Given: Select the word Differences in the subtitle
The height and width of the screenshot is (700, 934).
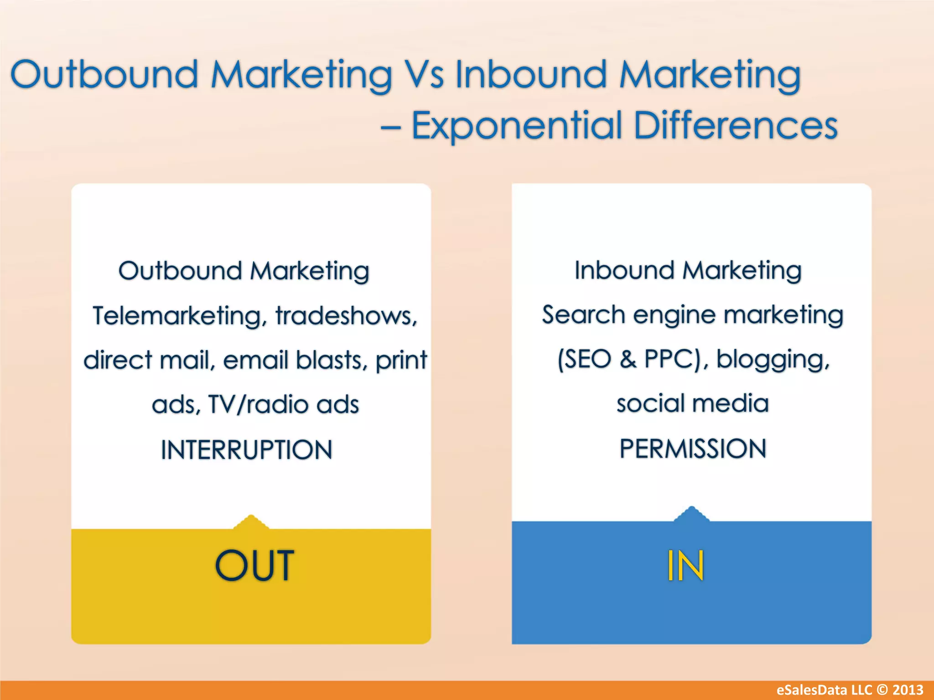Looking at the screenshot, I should click(x=735, y=126).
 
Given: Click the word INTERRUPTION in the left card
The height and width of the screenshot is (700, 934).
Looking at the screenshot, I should click(x=247, y=450).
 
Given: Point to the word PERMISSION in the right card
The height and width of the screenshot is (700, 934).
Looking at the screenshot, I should click(x=693, y=449).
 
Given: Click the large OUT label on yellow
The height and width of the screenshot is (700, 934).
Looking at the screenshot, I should click(x=254, y=566).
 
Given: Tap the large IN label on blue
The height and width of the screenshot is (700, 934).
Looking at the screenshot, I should click(x=685, y=566).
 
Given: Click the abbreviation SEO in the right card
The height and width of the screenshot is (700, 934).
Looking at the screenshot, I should click(x=585, y=360).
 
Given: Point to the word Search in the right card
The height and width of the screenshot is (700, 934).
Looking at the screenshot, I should click(x=583, y=315).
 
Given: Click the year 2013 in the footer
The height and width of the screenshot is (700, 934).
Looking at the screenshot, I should click(x=908, y=690).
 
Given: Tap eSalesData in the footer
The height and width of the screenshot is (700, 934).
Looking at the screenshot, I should click(x=808, y=690).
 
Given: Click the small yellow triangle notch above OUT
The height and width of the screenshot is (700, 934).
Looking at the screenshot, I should click(x=251, y=522).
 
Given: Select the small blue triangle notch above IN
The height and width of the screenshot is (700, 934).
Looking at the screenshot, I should click(x=691, y=514).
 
